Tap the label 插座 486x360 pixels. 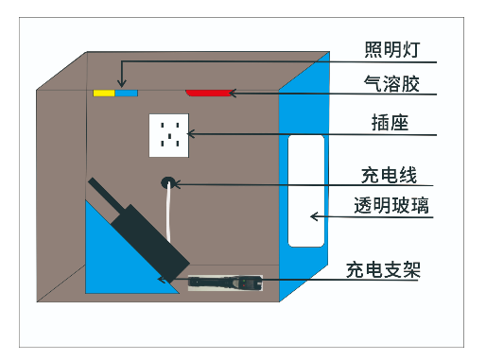[x=390, y=124]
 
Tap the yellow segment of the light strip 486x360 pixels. [x=103, y=94]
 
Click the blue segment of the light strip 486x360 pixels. [x=127, y=94]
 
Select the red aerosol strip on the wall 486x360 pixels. [x=209, y=93]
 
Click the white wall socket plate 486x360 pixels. [x=170, y=135]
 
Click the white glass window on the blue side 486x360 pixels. [x=305, y=189]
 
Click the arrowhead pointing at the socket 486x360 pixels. [x=193, y=135]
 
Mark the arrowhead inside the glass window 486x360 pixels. [x=315, y=217]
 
